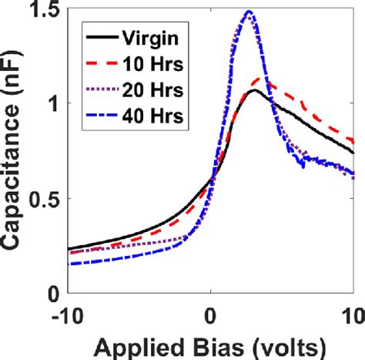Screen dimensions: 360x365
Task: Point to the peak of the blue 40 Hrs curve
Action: pyautogui.click(x=248, y=12)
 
